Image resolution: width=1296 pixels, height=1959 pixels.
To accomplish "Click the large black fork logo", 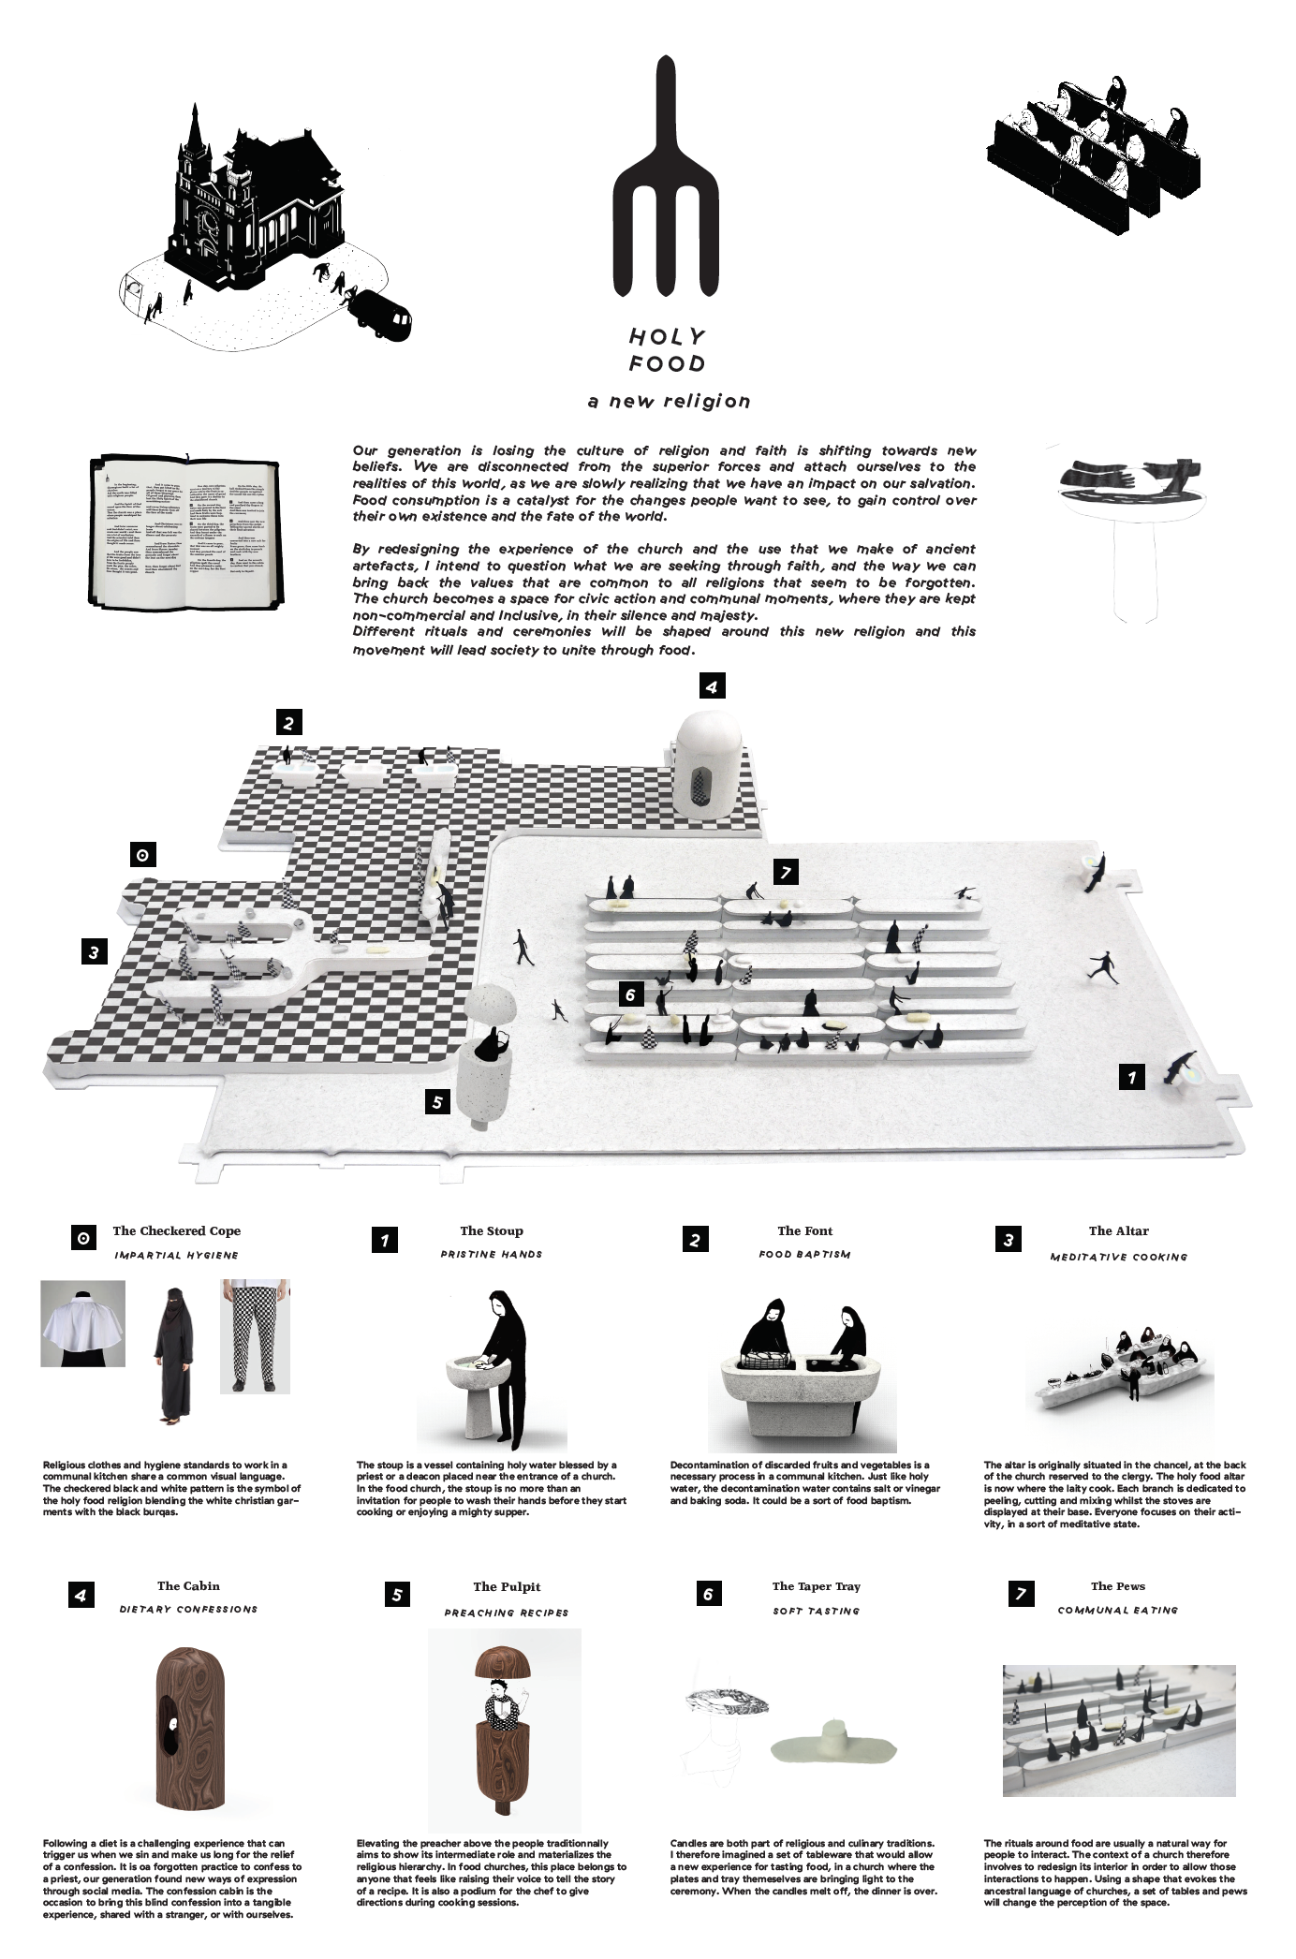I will click(x=666, y=178).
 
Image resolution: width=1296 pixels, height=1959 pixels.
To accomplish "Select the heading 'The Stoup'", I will click(x=491, y=1230).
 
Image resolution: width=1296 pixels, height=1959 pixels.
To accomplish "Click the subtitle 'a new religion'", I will click(x=669, y=402).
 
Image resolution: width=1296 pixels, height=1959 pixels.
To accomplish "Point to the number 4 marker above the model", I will click(x=712, y=686).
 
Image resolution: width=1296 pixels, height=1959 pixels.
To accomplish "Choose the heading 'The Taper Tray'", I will click(x=816, y=1586).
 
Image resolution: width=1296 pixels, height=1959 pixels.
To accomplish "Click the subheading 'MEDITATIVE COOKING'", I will click(x=1118, y=1257).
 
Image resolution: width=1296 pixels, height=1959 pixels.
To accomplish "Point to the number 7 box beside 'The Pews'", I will click(x=1020, y=1593).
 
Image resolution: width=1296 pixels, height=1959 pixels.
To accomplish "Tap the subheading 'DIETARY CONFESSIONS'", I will click(x=188, y=1610).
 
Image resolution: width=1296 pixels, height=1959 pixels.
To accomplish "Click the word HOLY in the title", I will click(x=667, y=337).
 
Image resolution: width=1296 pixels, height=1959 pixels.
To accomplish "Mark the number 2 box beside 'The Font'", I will click(x=695, y=1240).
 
